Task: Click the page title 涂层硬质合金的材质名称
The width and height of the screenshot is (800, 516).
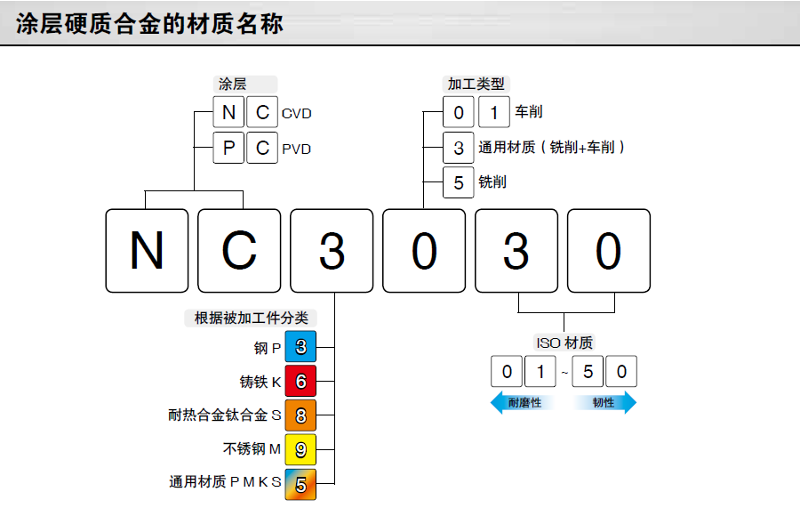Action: pyautogui.click(x=149, y=24)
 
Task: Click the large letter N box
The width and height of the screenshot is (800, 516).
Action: pyautogui.click(x=147, y=251)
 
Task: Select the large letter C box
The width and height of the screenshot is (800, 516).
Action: pyautogui.click(x=239, y=251)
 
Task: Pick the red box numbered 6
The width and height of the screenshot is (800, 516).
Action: pyautogui.click(x=300, y=382)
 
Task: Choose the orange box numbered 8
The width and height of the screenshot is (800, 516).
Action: pyautogui.click(x=300, y=415)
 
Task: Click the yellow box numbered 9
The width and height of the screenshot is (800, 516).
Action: pyautogui.click(x=300, y=450)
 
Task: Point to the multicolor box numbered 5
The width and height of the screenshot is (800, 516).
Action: pyautogui.click(x=300, y=484)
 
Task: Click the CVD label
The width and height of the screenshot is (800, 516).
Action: pyautogui.click(x=297, y=114)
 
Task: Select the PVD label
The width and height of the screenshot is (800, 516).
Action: pyautogui.click(x=297, y=149)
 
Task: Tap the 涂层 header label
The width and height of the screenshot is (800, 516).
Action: pyautogui.click(x=232, y=85)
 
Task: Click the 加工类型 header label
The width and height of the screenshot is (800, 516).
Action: pyautogui.click(x=476, y=85)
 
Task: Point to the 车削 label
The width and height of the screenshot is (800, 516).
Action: pyautogui.click(x=528, y=112)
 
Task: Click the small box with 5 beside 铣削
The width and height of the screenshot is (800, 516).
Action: pyautogui.click(x=459, y=182)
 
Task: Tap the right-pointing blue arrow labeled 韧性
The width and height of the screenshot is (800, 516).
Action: pyautogui.click(x=605, y=403)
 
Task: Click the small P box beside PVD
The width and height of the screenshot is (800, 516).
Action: pyautogui.click(x=229, y=148)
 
